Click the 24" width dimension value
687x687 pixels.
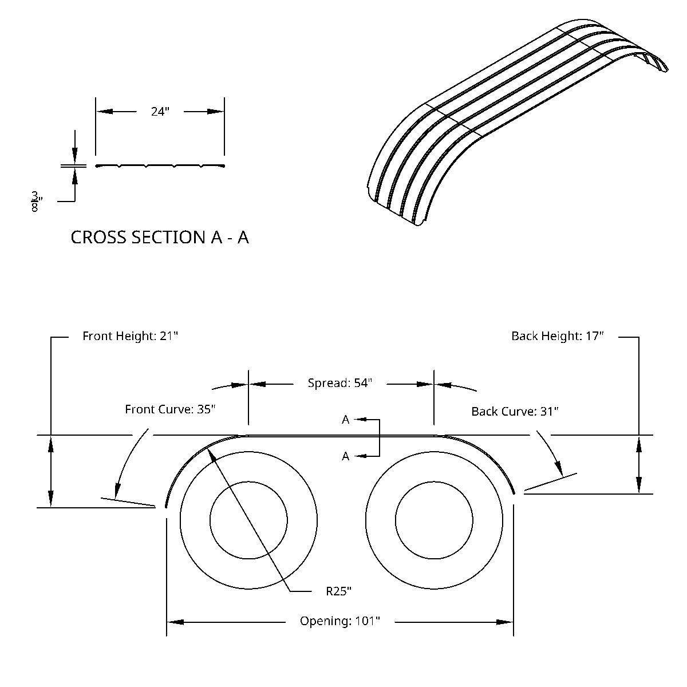(160, 112)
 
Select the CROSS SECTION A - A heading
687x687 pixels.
(160, 237)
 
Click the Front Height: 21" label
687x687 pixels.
(131, 336)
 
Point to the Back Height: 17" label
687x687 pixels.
(558, 336)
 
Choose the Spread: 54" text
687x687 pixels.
(340, 383)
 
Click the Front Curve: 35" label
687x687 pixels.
(170, 409)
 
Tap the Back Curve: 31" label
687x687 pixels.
(515, 411)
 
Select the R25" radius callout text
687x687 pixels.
(338, 591)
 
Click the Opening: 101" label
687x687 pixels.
(340, 621)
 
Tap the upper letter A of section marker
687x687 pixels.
(346, 420)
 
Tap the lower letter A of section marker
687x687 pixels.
(346, 456)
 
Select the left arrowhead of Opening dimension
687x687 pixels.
(175, 622)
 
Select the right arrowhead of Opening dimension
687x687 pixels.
(505, 622)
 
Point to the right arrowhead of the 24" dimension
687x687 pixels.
(216, 112)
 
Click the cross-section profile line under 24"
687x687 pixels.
(160, 166)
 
